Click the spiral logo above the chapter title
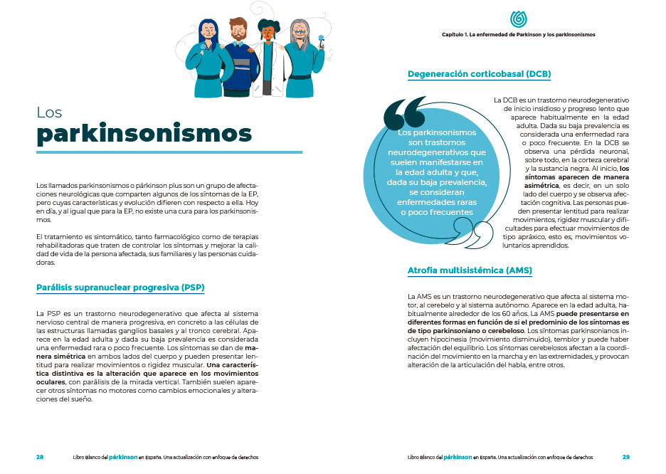tap(517, 19)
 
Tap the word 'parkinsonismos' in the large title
tap(144, 134)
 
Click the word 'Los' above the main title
tap(50, 112)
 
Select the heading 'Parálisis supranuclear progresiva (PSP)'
tap(120, 288)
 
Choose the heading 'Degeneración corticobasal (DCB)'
tap(479, 73)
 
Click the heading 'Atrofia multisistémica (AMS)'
tap(470, 271)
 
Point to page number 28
tap(40, 457)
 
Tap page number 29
tap(625, 457)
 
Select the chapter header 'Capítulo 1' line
tap(518, 33)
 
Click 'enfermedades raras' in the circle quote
tap(438, 203)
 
